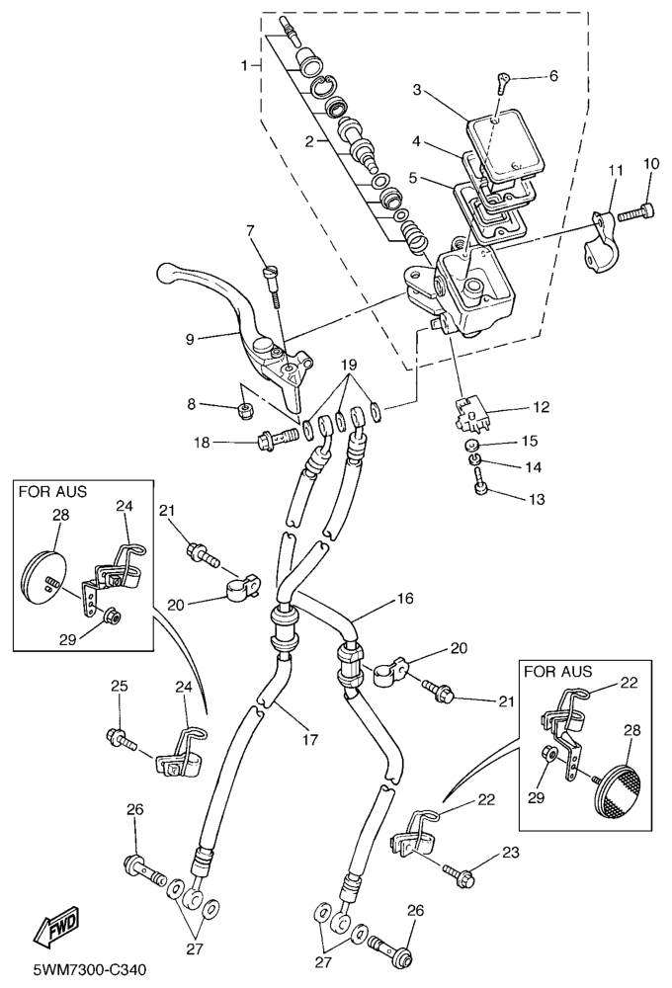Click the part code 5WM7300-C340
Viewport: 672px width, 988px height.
[89, 970]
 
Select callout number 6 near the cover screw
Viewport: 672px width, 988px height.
[552, 76]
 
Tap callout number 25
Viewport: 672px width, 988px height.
[119, 685]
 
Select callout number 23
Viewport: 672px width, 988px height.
[510, 852]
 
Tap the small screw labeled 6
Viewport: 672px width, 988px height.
[504, 84]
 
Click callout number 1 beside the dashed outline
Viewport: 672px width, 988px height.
[242, 65]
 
